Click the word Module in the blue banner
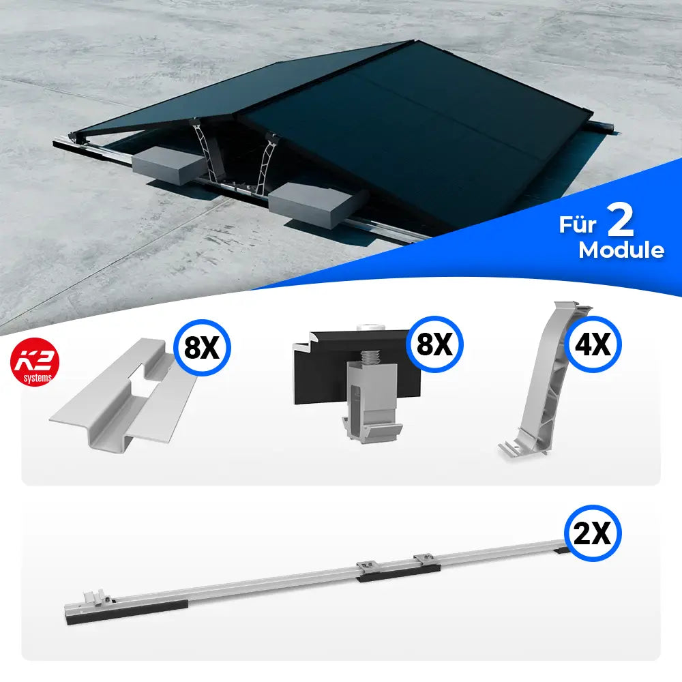621,250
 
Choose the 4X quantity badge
593,345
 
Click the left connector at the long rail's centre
366,567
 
